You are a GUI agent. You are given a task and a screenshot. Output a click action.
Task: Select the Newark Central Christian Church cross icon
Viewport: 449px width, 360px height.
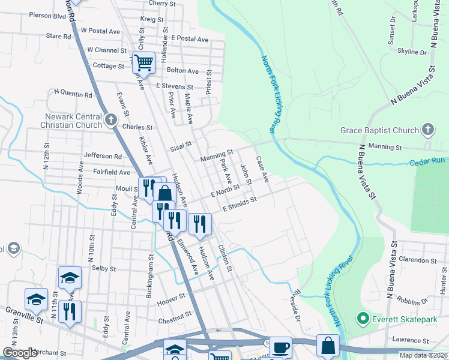tap(110, 120)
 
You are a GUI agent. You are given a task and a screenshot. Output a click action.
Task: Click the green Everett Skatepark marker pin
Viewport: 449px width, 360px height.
tap(361, 319)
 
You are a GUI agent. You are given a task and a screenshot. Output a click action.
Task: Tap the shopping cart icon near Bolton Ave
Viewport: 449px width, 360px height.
tap(144, 62)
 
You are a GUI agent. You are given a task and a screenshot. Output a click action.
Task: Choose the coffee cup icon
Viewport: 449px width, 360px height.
tap(280, 347)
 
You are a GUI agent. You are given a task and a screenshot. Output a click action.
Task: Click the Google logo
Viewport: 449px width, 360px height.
tap(20, 353)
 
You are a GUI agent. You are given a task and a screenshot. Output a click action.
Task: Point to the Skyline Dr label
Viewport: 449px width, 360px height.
tap(411, 52)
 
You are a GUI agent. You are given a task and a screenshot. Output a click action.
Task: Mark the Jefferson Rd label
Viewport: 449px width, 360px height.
tap(103, 156)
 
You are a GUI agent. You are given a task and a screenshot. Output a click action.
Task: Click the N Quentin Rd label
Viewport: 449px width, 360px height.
tap(73, 94)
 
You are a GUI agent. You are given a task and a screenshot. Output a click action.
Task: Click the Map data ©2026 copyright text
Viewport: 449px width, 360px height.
tap(424, 355)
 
